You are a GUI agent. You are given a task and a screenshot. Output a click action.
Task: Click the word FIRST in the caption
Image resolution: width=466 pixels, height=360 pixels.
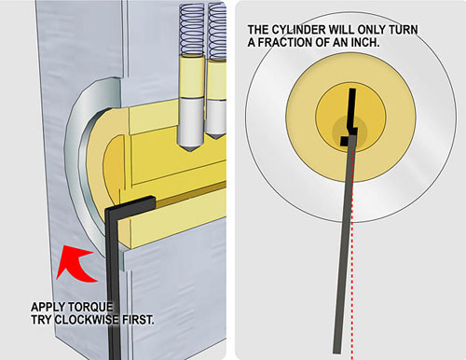138,320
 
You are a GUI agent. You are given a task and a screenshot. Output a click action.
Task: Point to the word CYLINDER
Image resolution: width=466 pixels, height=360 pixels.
299,30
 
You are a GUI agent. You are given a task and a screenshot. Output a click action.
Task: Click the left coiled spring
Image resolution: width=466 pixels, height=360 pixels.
192,31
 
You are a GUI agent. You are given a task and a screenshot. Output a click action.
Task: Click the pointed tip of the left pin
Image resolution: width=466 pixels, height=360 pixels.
191,151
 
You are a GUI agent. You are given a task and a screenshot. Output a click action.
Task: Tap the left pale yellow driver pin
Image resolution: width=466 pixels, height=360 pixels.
192,77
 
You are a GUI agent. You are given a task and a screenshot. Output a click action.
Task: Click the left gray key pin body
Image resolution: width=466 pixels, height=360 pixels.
192,123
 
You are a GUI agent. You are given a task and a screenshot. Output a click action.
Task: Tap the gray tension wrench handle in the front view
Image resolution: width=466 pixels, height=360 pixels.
344,244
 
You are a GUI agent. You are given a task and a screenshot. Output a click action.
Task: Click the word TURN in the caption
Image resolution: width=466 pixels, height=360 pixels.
403,30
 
